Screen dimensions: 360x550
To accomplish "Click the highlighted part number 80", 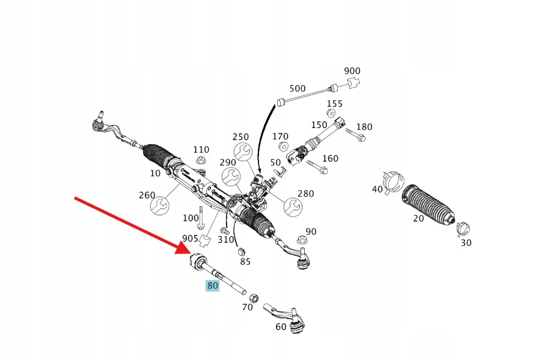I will click(x=212, y=285).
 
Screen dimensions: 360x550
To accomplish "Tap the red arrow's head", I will click(x=186, y=249).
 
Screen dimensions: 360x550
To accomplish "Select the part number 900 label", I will click(x=352, y=71).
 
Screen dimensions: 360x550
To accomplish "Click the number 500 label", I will click(x=298, y=88).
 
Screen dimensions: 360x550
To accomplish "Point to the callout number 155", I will click(x=334, y=103).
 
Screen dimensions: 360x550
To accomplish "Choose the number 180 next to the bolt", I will click(x=364, y=127).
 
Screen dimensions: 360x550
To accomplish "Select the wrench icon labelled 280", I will click(x=292, y=206).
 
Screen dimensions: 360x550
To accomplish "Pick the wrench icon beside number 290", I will click(x=231, y=177).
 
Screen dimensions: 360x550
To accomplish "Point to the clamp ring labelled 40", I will click(x=394, y=178).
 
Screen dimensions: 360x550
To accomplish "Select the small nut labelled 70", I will click(x=254, y=297).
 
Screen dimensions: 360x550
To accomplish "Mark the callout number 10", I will click(x=155, y=173).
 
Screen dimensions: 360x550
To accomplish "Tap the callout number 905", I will click(x=191, y=238).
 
